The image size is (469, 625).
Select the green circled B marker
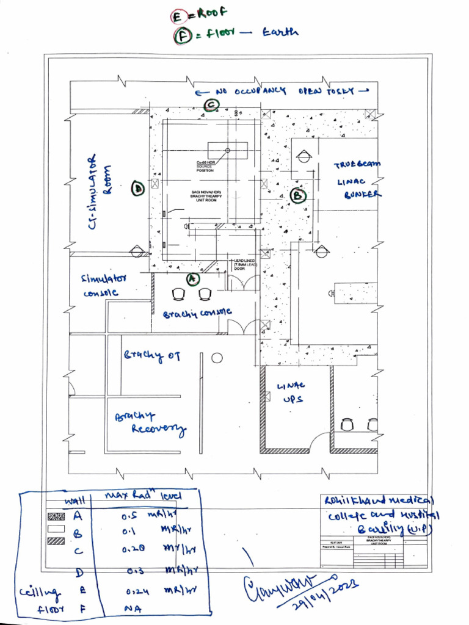coord(298,195)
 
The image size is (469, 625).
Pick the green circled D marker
coord(138,190)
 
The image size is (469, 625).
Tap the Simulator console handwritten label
coord(103,285)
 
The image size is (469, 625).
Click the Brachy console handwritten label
coord(197,313)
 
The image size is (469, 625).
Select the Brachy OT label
coord(152,356)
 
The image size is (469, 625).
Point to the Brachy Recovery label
coord(150,423)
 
